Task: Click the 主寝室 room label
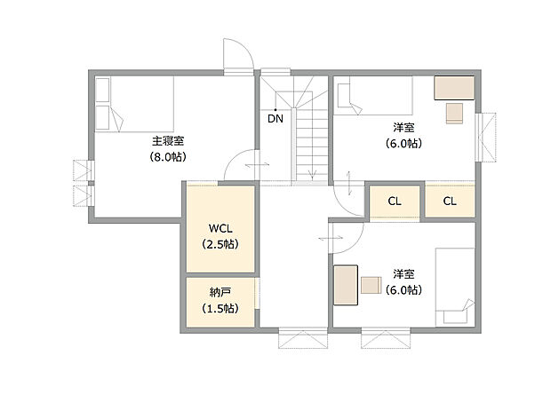tap(169, 141)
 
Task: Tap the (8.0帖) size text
tap(169, 157)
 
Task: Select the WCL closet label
tap(219, 226)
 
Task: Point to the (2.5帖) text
tap(219, 243)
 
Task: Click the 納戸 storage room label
tap(219, 292)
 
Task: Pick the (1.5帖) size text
tap(219, 309)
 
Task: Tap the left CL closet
tap(394, 201)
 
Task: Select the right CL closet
tap(450, 201)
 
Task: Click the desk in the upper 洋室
tap(454, 88)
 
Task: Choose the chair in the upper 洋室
tap(453, 112)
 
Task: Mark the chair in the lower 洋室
tap(371, 284)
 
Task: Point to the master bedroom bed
tap(133, 104)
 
